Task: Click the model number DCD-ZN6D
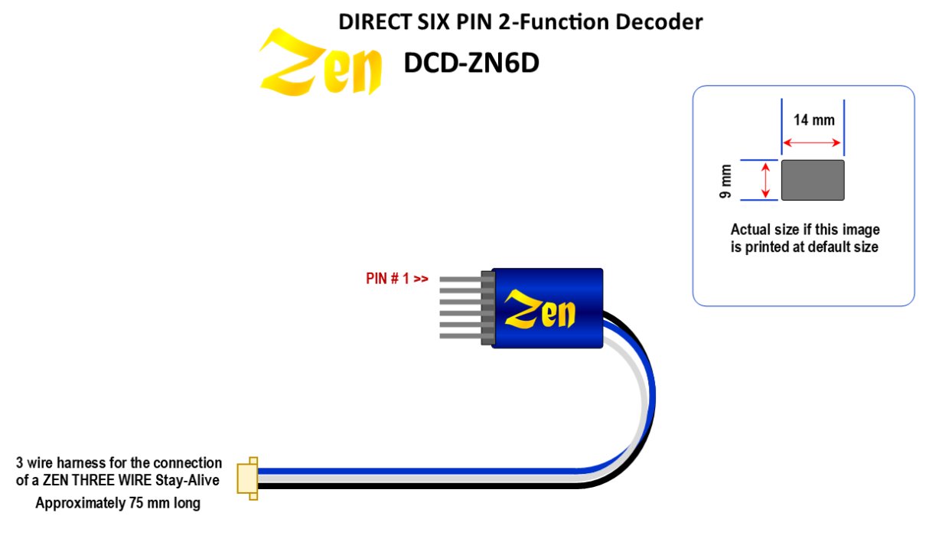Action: pos(471,64)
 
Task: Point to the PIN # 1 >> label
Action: pos(397,279)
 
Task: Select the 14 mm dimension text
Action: pos(813,119)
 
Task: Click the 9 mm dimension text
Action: pos(726,181)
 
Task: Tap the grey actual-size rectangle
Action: pos(812,181)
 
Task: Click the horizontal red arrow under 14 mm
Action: pos(812,142)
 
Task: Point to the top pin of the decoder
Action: pos(459,279)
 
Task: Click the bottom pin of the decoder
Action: pos(459,335)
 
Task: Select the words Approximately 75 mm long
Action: pos(118,504)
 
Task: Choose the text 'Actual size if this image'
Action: pos(805,230)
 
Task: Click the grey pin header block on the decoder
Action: pos(485,306)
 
